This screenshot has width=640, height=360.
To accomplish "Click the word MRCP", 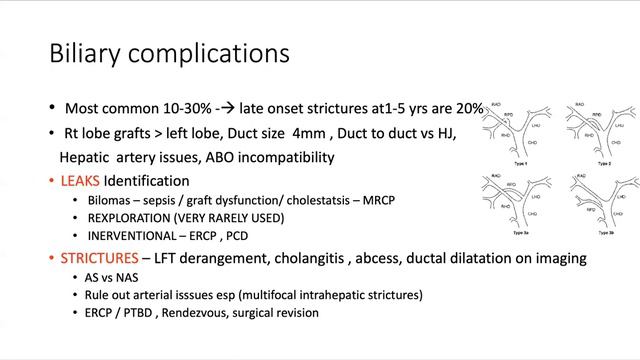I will point(378,201).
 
